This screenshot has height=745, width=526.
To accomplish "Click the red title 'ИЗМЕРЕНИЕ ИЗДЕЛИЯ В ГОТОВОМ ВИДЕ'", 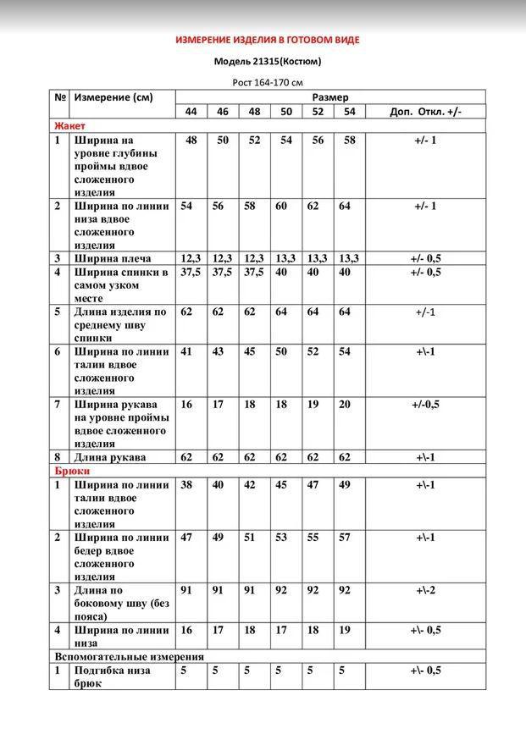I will click(267, 39).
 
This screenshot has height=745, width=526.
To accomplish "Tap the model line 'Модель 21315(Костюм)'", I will click(267, 61).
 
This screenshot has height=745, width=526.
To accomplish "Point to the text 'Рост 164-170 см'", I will click(267, 82).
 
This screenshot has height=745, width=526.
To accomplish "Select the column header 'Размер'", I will click(330, 97).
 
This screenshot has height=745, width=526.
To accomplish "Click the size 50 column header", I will click(285, 112).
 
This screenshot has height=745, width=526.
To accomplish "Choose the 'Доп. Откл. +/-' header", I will click(425, 112).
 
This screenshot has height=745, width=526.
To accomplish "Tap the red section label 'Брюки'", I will click(72, 471).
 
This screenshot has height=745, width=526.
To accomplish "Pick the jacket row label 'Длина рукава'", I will click(110, 457).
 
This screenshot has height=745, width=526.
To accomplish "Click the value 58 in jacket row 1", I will click(349, 141).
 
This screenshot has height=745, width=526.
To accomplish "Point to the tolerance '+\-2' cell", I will click(425, 590).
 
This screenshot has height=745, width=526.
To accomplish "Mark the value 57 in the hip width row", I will click(345, 538).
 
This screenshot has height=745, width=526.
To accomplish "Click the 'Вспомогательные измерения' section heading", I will click(129, 656).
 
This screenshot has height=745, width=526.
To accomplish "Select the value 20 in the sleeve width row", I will click(345, 405).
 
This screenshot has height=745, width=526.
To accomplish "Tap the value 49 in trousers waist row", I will click(345, 485).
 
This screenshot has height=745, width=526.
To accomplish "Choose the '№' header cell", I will click(60, 97).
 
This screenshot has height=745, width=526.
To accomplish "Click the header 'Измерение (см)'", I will click(114, 97).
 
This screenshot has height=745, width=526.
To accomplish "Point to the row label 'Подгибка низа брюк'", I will click(113, 676).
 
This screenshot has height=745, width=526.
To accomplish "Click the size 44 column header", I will click(191, 112).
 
